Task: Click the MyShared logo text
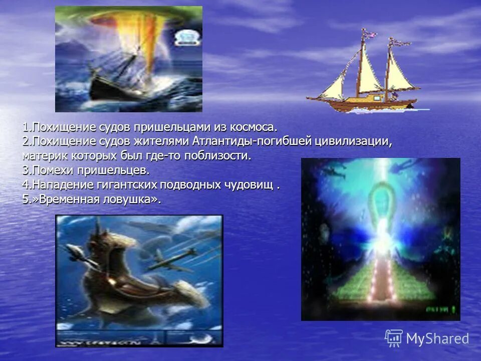point(437,338)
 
